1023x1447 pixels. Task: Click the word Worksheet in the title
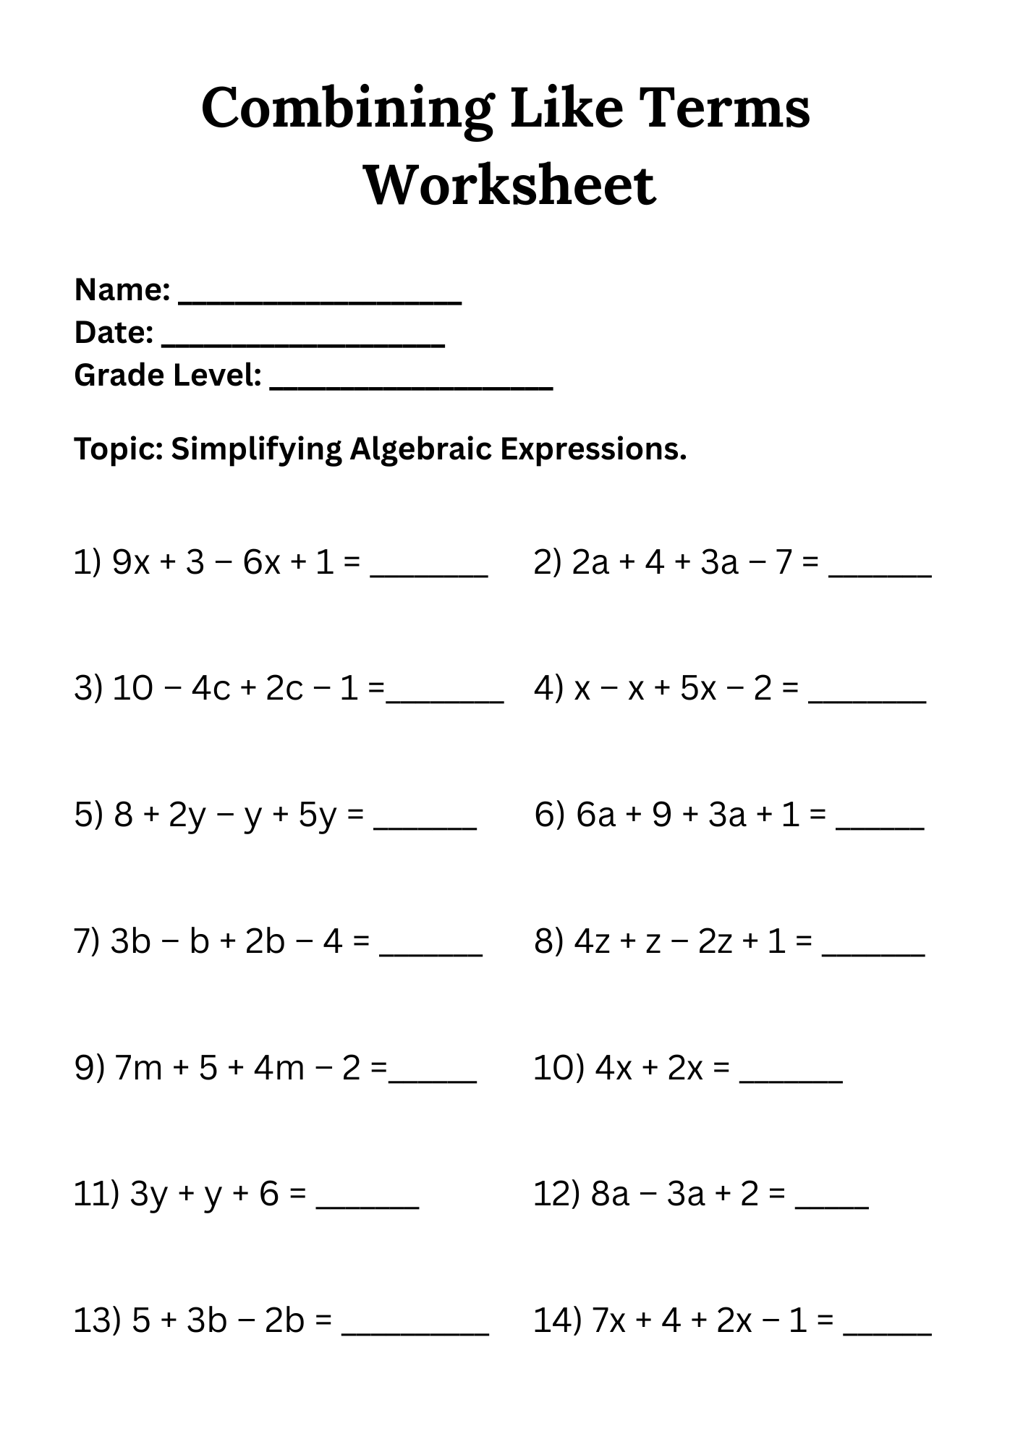tap(510, 185)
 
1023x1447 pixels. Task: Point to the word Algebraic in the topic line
tap(421, 449)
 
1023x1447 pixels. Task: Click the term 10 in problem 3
tap(133, 688)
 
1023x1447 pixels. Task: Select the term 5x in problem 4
tap(697, 688)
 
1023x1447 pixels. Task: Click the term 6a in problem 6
tap(595, 815)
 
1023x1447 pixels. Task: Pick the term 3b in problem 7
tap(130, 941)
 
